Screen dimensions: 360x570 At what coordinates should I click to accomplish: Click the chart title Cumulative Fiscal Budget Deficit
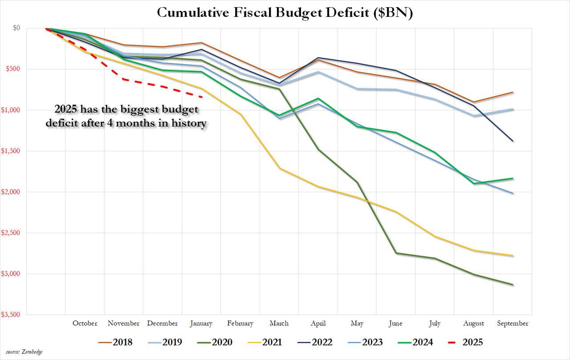[x=285, y=13]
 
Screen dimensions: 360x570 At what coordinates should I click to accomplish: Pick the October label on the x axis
[x=85, y=324]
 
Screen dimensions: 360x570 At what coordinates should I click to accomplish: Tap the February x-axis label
[x=240, y=324]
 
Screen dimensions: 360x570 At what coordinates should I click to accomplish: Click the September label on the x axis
[x=513, y=324]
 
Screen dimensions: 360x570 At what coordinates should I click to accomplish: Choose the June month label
[x=395, y=324]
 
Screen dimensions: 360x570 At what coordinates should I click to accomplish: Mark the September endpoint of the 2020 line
[x=513, y=285]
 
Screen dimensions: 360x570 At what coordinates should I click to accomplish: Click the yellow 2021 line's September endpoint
[x=513, y=256]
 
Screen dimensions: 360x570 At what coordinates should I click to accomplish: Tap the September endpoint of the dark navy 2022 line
[x=513, y=141]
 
